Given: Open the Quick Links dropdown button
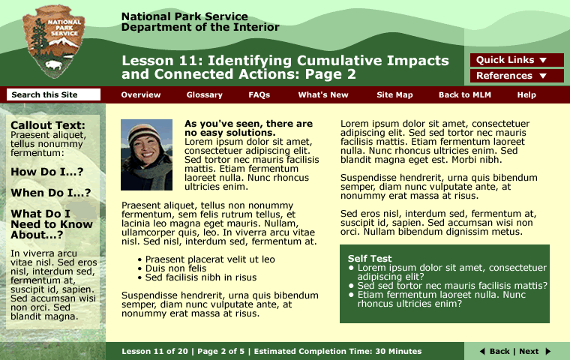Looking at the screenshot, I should (517, 60).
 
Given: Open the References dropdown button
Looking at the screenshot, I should (517, 76).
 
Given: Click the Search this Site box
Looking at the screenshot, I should (53, 94).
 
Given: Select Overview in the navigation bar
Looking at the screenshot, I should (141, 95).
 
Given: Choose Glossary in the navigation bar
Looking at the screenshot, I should (205, 95).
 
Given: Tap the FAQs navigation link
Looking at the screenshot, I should (259, 95).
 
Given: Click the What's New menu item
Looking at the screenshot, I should (323, 95).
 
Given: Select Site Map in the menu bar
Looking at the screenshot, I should (394, 95).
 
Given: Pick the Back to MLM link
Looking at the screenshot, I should (465, 95).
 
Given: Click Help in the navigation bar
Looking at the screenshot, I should (526, 95).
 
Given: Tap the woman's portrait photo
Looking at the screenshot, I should (146, 154).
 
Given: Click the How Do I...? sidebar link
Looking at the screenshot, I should (46, 172).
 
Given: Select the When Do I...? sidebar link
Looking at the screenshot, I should (50, 193).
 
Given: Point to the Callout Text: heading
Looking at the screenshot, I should (48, 125).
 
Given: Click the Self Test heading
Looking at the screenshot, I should (370, 258).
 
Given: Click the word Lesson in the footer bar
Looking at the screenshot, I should (136, 351).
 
